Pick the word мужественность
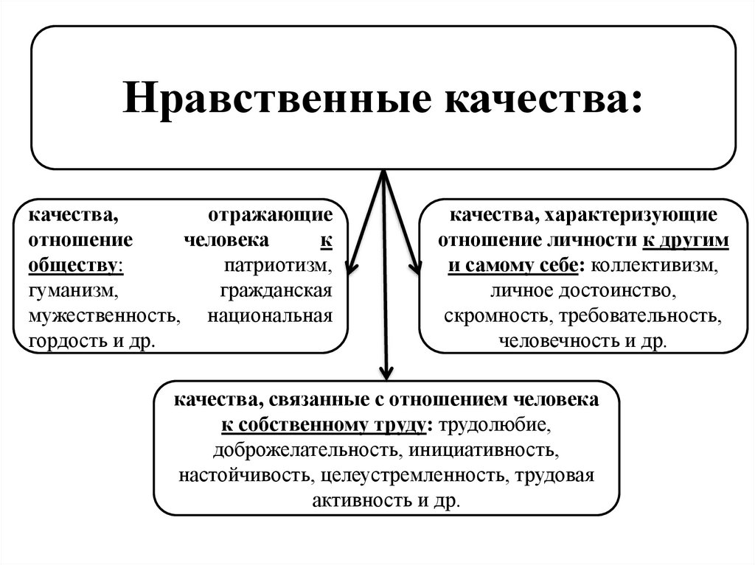pyautogui.click(x=103, y=317)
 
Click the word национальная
pyautogui.click(x=271, y=317)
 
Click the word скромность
pyautogui.click(x=498, y=317)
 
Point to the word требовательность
pyautogui.click(x=639, y=317)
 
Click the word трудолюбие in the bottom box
pyautogui.click(x=493, y=426)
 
